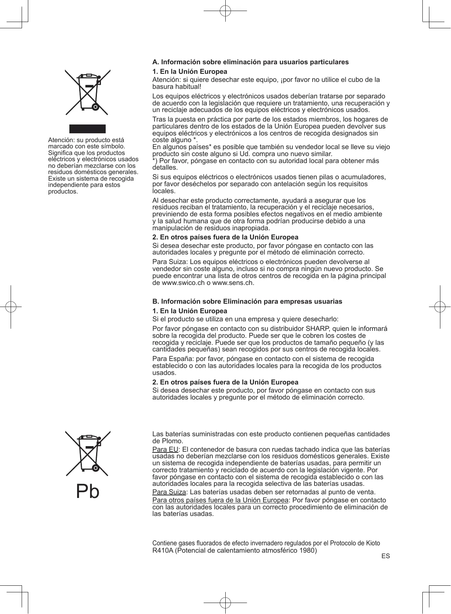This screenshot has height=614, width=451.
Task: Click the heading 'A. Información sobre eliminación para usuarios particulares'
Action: point(250,62)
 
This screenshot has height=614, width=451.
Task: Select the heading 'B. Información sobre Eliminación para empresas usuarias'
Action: point(247,301)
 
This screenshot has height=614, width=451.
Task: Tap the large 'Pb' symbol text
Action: point(88,491)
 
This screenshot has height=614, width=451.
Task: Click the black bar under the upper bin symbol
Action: point(88,129)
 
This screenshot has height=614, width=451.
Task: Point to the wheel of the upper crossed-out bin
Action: point(95,108)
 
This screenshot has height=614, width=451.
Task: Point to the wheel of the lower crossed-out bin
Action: point(95,468)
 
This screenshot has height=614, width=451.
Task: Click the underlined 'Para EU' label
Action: point(165,449)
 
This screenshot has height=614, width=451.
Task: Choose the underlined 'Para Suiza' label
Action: point(169,492)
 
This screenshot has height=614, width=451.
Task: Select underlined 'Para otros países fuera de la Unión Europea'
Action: point(220,500)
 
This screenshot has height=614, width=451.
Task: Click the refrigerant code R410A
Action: point(163,550)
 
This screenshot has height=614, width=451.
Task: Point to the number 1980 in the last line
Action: point(308,550)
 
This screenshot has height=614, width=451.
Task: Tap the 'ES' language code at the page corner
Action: point(385,556)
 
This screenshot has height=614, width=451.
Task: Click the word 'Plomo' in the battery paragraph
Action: point(172,441)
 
